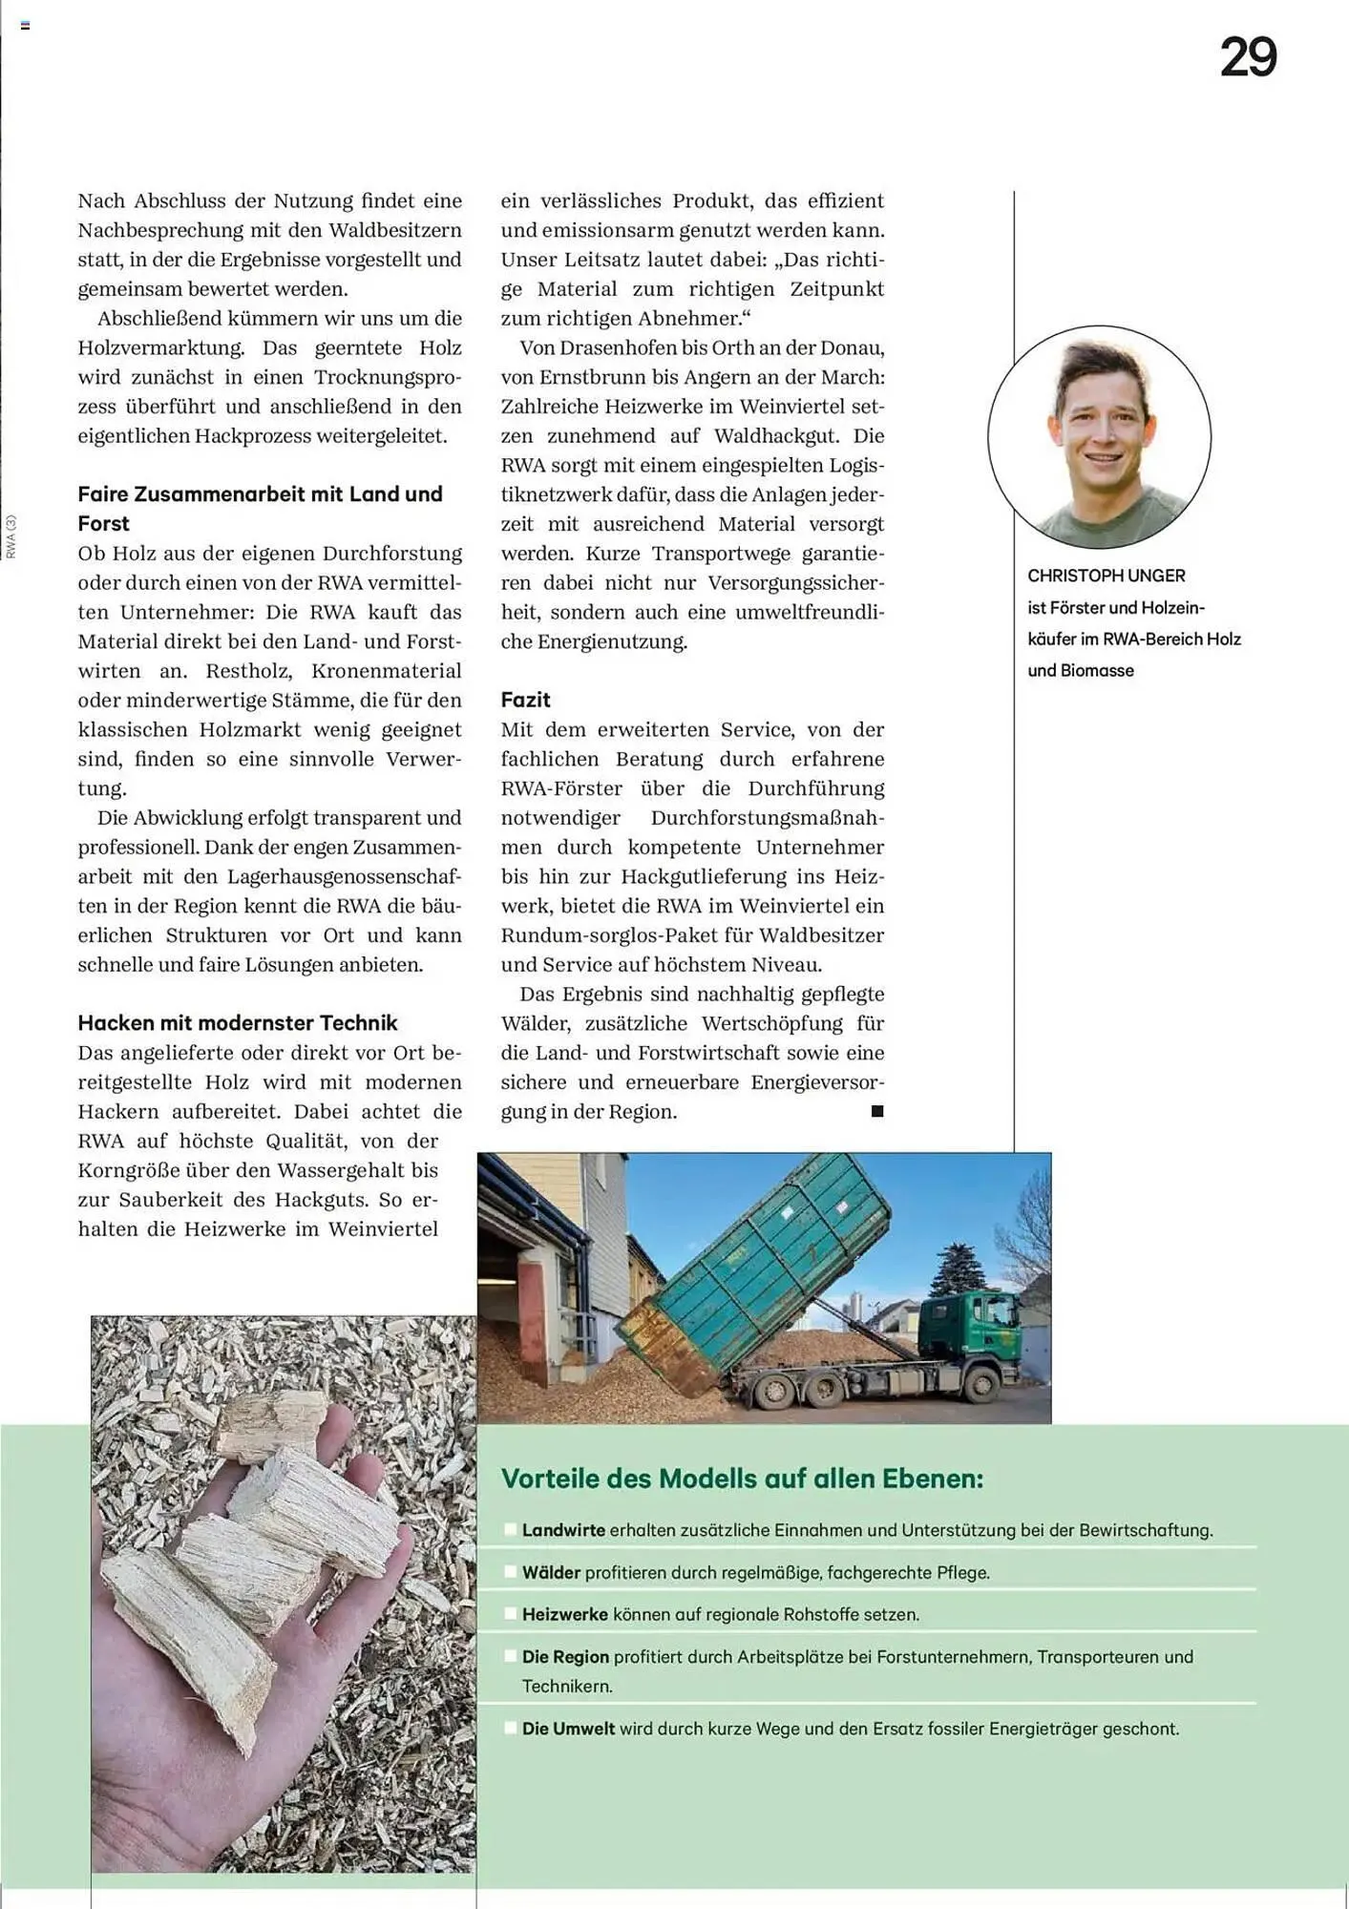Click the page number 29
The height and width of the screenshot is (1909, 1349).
click(1248, 58)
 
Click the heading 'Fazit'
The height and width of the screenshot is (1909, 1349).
click(525, 700)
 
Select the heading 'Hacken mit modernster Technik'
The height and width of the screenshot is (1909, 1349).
click(237, 1023)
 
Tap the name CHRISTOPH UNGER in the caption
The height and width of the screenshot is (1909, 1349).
click(1106, 576)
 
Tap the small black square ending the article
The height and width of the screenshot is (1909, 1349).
click(877, 1111)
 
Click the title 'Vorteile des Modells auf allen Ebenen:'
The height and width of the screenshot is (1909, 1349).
click(742, 1479)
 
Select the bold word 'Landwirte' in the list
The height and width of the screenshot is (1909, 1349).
click(563, 1530)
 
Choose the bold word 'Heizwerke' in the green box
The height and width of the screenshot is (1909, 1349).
click(564, 1614)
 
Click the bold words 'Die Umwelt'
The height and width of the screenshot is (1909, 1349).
click(568, 1729)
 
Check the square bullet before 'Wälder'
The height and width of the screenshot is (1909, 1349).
click(511, 1572)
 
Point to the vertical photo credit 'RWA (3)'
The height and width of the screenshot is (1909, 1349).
click(11, 536)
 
